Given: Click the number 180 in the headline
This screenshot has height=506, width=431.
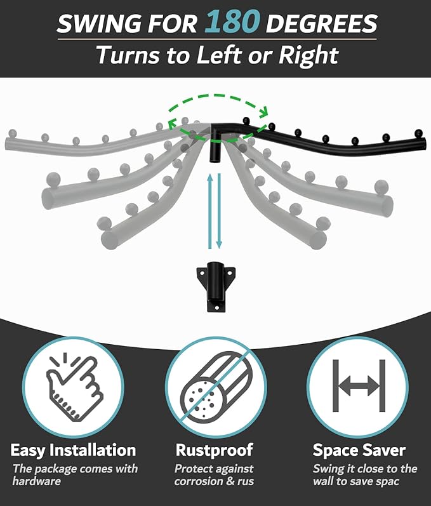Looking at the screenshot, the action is pos(232,22).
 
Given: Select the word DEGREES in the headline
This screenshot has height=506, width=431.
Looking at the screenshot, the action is pos(321,23).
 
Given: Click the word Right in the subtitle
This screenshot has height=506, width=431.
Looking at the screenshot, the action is pos(308,55).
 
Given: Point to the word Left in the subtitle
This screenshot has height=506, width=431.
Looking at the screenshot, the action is pos(219,55).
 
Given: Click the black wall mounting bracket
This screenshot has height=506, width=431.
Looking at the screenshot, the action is pos(216,286).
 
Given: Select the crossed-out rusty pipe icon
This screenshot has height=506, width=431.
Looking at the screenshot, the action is pos(216,387).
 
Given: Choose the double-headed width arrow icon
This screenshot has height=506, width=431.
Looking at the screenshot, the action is pos(359,385).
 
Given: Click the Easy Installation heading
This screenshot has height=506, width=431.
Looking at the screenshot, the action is pos(73,450).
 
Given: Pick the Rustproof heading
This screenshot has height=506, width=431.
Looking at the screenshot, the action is pos(214,450).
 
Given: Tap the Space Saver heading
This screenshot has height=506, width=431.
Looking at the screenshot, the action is pos(359,450).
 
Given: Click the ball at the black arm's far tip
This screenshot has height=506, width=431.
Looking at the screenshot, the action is pos(418,133).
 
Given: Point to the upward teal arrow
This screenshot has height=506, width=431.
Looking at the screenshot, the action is pos(210,211).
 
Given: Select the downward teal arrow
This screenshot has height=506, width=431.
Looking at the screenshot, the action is pos(219,211).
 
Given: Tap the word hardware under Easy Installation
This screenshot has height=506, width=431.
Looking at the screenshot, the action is pos(36,481).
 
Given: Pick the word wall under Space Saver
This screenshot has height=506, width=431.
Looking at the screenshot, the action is pos(322,481).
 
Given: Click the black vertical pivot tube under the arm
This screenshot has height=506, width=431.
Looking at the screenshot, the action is pos(214,150).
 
